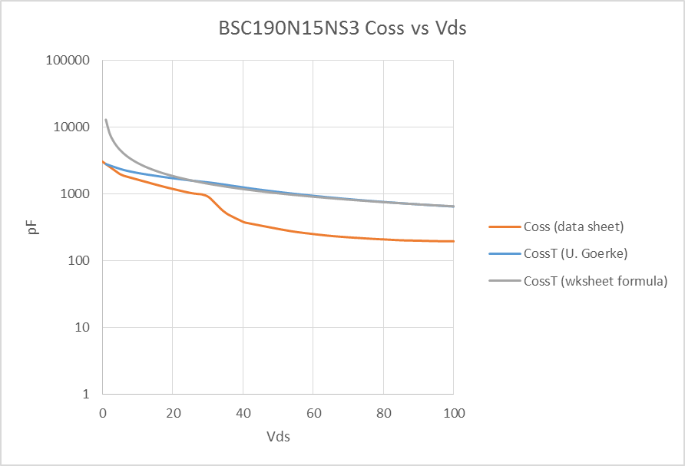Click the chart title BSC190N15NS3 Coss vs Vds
(342, 29)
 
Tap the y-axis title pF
(33, 227)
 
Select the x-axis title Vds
(278, 437)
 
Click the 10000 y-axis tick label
(74, 127)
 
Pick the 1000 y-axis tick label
(77, 194)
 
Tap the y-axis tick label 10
(84, 328)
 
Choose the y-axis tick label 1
(87, 395)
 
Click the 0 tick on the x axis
(103, 413)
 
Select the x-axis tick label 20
(173, 413)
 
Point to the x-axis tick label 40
(243, 413)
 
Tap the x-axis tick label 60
(313, 413)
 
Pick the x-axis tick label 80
(383, 413)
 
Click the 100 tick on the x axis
(453, 413)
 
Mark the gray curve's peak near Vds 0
(106, 120)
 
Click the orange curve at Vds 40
(243, 221)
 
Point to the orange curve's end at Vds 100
(453, 241)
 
